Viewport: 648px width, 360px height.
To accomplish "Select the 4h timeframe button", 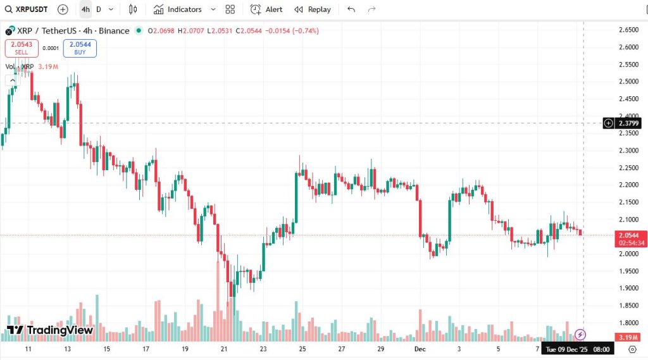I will (85, 9).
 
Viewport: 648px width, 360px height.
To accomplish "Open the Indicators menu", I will (178, 9).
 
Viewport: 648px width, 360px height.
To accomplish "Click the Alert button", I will (266, 9).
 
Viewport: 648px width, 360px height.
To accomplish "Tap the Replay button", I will (313, 9).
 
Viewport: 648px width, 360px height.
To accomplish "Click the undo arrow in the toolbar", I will (351, 9).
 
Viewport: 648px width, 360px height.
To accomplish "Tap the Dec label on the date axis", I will (420, 349).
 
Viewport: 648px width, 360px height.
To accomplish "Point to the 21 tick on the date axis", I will (223, 349).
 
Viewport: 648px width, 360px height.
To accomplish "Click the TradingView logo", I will (50, 330).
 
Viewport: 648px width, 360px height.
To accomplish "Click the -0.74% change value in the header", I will (306, 31).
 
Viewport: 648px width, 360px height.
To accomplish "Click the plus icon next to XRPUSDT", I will (63, 9).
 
